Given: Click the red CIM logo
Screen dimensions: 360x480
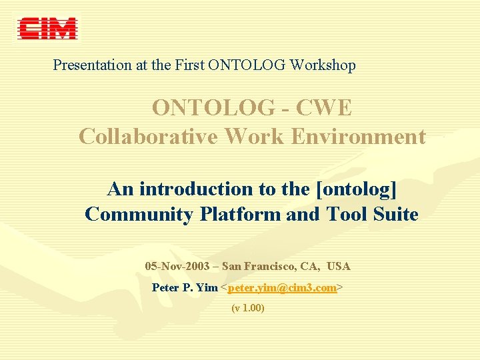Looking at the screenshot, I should (47, 29).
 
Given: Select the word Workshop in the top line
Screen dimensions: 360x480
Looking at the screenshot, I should (324, 65).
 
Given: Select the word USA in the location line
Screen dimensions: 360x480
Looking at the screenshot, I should (339, 267).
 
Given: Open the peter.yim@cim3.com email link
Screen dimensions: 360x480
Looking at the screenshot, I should (282, 288).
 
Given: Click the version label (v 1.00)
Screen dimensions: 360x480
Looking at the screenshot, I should (248, 309).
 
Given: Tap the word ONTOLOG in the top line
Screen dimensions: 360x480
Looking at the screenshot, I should (247, 65).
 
